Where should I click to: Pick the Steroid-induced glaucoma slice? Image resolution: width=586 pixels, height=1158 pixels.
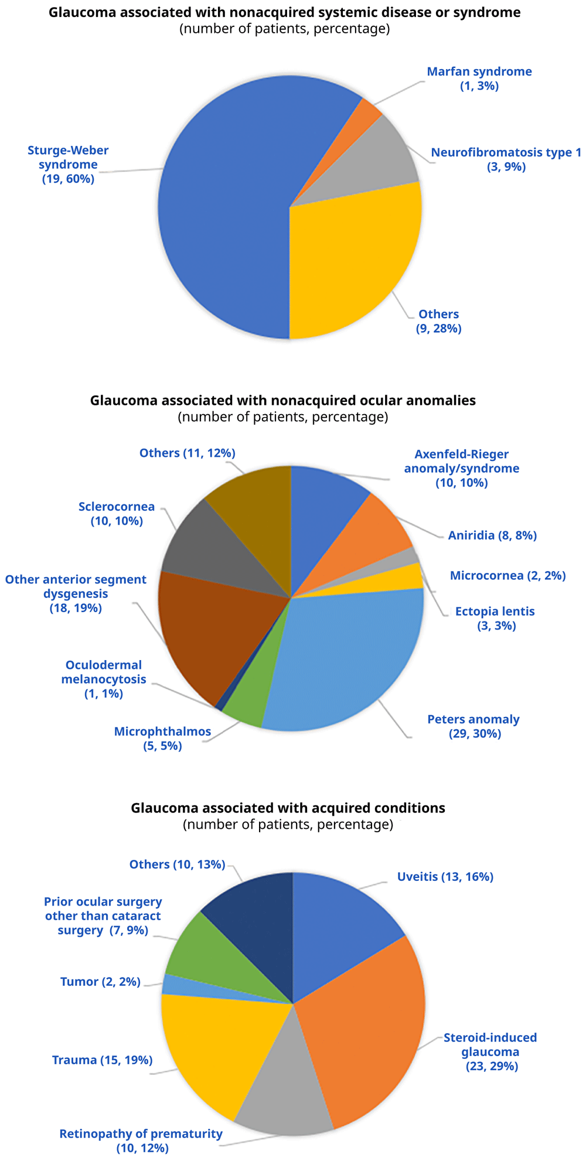click(x=363, y=1031)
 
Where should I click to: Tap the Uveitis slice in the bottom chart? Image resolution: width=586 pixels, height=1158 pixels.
click(x=340, y=925)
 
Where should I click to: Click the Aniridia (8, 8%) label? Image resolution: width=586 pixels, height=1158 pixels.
click(x=492, y=535)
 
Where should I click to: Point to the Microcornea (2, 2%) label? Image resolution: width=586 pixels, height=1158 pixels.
click(x=507, y=576)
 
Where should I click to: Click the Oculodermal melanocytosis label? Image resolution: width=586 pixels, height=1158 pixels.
click(x=104, y=679)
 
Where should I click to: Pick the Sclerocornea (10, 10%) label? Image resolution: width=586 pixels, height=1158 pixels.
click(x=117, y=514)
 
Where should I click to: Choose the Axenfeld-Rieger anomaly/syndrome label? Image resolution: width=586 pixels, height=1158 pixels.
click(x=462, y=469)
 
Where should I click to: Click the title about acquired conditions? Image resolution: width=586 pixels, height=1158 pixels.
click(x=288, y=808)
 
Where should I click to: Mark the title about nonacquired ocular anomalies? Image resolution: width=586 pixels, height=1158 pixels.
click(x=283, y=401)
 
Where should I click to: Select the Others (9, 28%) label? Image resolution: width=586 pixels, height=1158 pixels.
click(x=439, y=321)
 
